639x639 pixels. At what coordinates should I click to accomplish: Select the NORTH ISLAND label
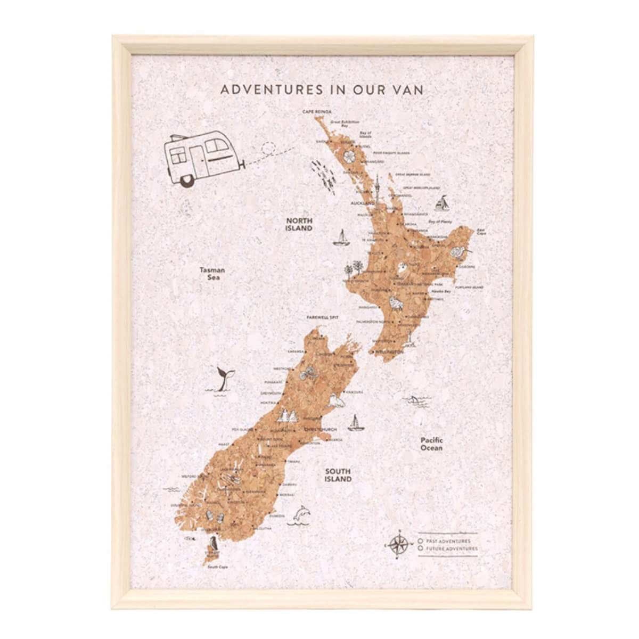[299, 224]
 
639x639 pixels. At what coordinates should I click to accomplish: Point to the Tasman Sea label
[212, 273]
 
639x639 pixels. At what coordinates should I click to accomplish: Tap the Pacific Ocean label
[431, 444]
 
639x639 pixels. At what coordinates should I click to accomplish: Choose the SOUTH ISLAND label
[338, 475]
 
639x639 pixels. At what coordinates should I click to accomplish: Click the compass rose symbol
[398, 544]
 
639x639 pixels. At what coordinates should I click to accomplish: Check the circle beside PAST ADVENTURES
[421, 540]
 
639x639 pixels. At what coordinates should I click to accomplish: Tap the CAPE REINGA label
[317, 112]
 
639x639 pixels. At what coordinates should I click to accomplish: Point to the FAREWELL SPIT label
[323, 317]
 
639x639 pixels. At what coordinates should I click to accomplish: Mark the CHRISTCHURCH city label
[319, 429]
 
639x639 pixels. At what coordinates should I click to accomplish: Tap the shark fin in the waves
[413, 398]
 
